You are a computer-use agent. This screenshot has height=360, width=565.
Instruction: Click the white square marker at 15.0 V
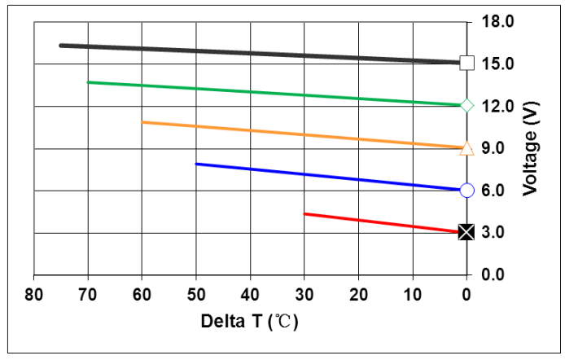pyautogui.click(x=466, y=63)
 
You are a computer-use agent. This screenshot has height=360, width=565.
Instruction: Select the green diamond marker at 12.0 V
pyautogui.click(x=466, y=105)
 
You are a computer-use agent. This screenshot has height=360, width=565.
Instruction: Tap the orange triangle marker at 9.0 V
pyautogui.click(x=466, y=148)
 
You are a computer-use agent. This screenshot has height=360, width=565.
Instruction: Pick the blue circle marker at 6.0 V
pyautogui.click(x=466, y=191)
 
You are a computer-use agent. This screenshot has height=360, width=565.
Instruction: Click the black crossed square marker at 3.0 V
pyautogui.click(x=466, y=232)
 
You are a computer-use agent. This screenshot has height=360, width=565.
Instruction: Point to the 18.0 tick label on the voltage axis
pyautogui.click(x=498, y=21)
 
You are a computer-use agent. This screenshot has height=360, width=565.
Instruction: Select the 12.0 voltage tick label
pyautogui.click(x=498, y=106)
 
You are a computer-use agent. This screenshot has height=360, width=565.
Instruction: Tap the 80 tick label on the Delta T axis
pyautogui.click(x=33, y=293)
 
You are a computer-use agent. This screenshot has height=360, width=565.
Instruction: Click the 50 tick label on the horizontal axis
pyautogui.click(x=196, y=293)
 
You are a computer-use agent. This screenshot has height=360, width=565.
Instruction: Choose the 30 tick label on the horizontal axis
pyautogui.click(x=304, y=293)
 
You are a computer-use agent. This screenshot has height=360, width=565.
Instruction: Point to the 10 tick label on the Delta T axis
pyautogui.click(x=413, y=293)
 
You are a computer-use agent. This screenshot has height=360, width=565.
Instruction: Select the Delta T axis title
pyautogui.click(x=250, y=321)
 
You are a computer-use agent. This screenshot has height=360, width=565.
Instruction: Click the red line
pyautogui.click(x=383, y=223)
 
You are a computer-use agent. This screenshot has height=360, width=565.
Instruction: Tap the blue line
pyautogui.click(x=326, y=177)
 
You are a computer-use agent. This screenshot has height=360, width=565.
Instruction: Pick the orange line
pyautogui.click(x=301, y=135)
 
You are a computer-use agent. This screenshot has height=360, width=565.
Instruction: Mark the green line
pyautogui.click(x=277, y=94)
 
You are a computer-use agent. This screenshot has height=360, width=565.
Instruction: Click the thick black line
pyautogui.click(x=261, y=54)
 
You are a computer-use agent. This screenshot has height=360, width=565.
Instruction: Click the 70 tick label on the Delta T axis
pyautogui.click(x=88, y=293)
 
